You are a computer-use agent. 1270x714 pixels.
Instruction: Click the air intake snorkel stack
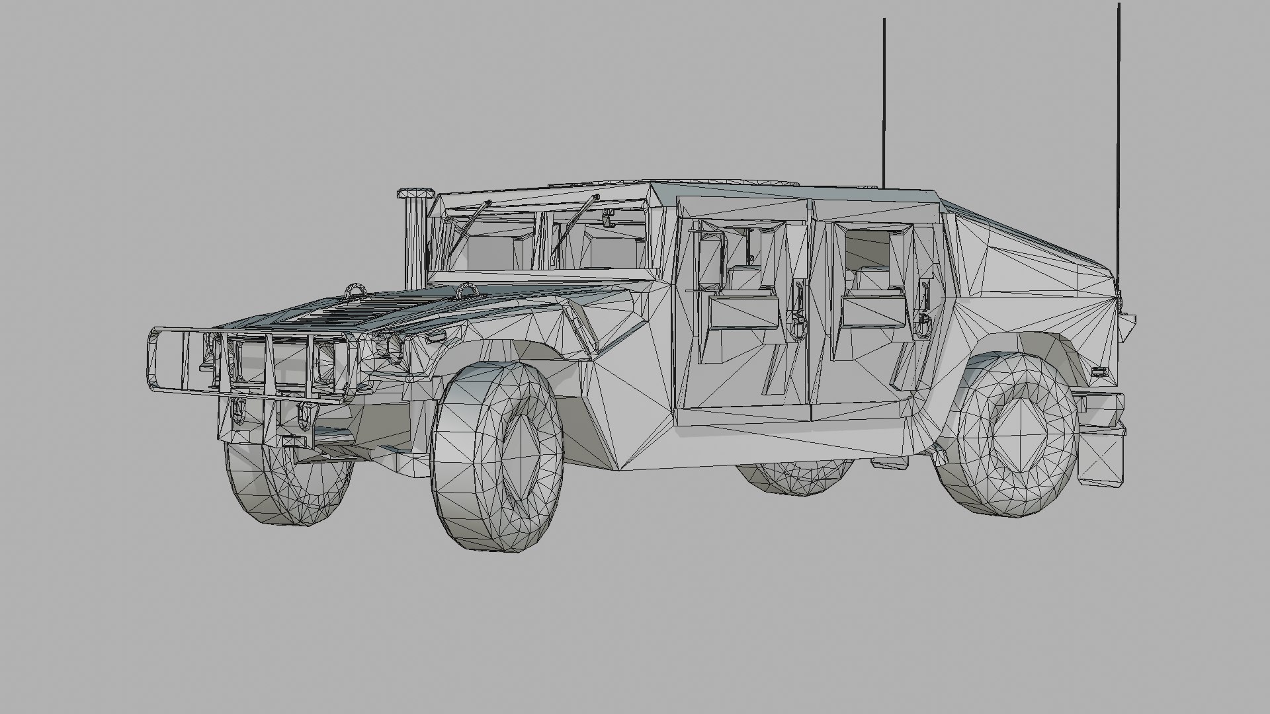click(x=416, y=238)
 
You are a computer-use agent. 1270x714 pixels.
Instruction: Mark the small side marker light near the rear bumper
click(x=1099, y=371)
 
